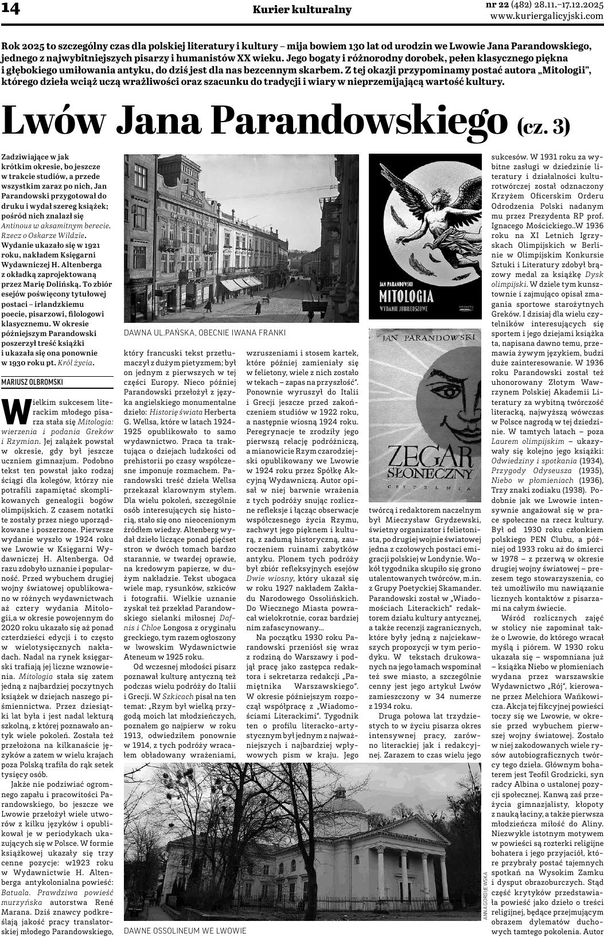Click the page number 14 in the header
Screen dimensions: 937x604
(x=11, y=9)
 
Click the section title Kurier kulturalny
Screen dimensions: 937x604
(x=302, y=10)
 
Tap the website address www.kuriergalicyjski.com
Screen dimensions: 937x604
(x=547, y=16)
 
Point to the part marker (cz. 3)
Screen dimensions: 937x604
(x=543, y=126)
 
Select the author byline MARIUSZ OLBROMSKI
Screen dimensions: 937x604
(x=32, y=382)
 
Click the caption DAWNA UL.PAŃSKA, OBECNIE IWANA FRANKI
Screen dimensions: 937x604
(x=204, y=333)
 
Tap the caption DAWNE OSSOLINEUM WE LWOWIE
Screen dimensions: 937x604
(x=185, y=930)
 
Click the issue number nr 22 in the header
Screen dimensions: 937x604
(x=497, y=5)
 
